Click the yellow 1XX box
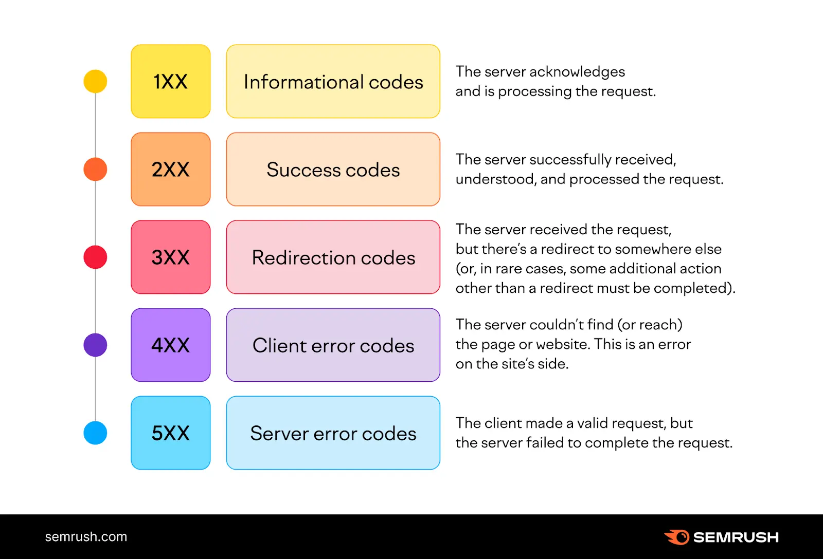tap(171, 81)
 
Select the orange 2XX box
tap(171, 169)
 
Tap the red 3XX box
tap(171, 257)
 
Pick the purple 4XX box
tap(171, 345)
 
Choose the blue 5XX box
tap(171, 433)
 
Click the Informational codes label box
tap(333, 81)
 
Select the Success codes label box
tap(333, 169)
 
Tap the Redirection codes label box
tap(333, 257)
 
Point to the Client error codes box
tap(333, 345)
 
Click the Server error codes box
tap(333, 433)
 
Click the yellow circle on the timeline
tap(95, 81)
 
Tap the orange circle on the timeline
tap(95, 169)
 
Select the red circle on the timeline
tap(95, 257)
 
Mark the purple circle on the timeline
tap(95, 345)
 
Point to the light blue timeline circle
tap(95, 433)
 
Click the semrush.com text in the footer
tap(86, 537)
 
